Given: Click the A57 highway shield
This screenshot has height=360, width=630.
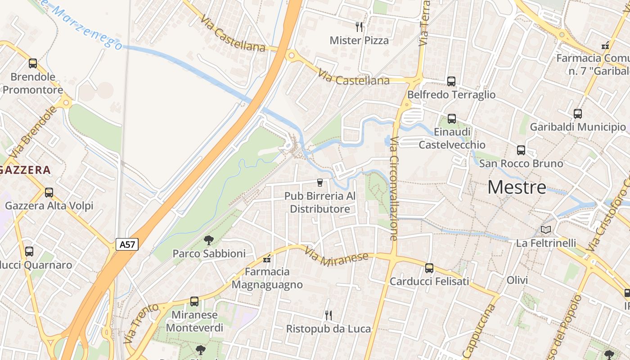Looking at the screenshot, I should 127,244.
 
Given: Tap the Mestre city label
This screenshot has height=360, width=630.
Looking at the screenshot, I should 517,187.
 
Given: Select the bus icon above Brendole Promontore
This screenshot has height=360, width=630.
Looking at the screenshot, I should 33,63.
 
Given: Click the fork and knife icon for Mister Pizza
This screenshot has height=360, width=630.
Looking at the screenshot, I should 359,27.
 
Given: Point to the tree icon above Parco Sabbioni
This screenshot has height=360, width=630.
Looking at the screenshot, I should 208,240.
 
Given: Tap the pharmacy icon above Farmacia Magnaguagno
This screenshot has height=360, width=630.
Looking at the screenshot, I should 267,259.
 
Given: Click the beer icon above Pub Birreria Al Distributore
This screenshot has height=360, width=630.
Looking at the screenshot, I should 319,182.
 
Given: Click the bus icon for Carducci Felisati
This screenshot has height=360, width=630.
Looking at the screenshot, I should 429,268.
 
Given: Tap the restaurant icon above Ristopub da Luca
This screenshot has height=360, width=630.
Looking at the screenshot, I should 328,315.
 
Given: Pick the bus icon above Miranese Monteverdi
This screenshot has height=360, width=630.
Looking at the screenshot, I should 194,301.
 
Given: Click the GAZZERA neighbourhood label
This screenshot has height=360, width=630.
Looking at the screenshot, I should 26,170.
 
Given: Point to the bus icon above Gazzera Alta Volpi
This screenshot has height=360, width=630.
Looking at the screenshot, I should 49,193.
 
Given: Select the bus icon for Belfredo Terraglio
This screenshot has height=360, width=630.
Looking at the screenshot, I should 451,81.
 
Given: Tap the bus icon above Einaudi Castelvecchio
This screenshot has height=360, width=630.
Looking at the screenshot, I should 452,119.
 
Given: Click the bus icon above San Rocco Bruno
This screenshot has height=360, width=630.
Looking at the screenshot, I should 521,150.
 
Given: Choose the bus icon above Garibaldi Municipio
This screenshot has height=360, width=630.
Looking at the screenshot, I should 578,114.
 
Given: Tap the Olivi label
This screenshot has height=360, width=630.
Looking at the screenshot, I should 517,280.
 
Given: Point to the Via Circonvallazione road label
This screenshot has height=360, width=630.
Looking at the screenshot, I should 394,189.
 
